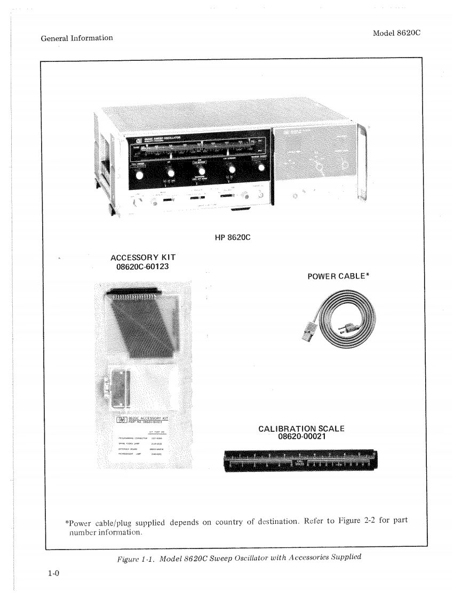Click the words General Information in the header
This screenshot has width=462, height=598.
tap(76, 38)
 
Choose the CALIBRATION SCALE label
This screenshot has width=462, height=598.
tap(301, 429)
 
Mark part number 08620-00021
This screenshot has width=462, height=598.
tap(301, 437)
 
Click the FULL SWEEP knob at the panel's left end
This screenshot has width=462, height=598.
tap(140, 174)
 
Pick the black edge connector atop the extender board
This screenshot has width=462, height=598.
tap(132, 292)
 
